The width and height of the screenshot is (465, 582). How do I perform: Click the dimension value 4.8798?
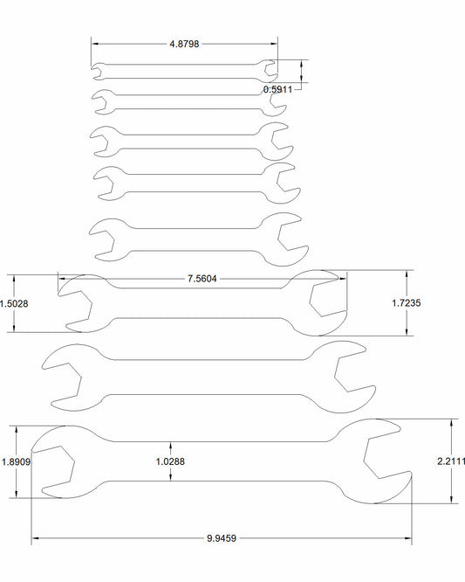[x=184, y=44]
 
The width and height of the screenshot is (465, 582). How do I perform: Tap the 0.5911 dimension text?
[x=277, y=89]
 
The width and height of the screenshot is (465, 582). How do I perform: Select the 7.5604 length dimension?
[x=202, y=279]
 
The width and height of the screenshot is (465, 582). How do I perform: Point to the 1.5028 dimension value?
[x=14, y=303]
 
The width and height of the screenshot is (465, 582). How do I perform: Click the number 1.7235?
[x=407, y=303]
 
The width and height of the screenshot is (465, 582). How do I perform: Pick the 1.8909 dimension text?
[x=16, y=462]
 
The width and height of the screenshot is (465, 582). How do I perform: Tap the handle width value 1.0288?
[x=170, y=461]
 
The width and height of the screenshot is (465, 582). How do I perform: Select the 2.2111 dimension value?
[x=451, y=461]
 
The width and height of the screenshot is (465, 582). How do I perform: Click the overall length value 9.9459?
[x=222, y=537]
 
